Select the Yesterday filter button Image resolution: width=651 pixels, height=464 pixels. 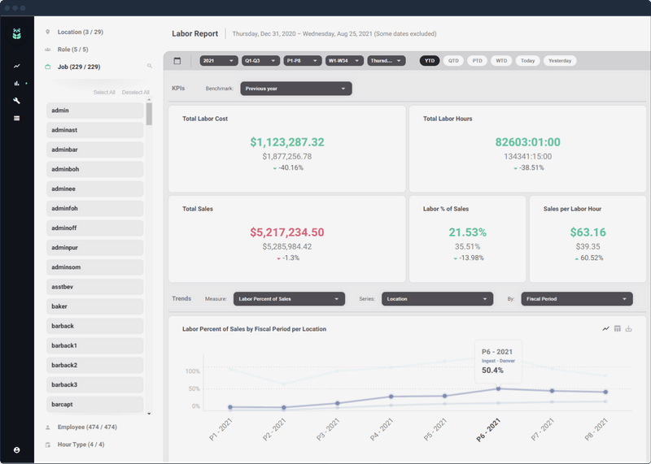(x=559, y=61)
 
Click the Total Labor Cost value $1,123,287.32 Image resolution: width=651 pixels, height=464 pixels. (x=287, y=142)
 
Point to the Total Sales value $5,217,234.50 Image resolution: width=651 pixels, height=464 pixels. (x=287, y=232)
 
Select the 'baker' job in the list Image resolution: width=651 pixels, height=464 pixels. (x=95, y=306)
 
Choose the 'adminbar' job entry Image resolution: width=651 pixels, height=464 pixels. (x=95, y=150)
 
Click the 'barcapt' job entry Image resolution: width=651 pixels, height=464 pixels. (x=95, y=404)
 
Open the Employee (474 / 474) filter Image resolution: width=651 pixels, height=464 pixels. (x=86, y=427)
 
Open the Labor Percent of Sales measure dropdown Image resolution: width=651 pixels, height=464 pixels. (x=289, y=299)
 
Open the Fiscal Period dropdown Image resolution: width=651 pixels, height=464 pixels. (x=575, y=299)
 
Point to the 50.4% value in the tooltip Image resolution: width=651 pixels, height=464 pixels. (x=493, y=370)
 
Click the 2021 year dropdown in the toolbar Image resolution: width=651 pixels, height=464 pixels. (x=219, y=61)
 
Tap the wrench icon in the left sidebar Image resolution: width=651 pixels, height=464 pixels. (x=16, y=101)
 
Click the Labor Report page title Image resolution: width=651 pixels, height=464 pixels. (x=194, y=34)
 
